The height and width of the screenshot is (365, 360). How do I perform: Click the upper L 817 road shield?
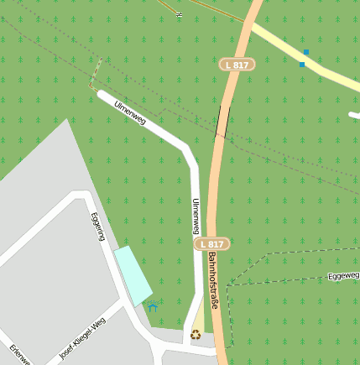click(x=237, y=65)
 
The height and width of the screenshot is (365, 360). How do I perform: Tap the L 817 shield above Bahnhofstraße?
click(x=211, y=243)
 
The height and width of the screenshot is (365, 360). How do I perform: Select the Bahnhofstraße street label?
click(x=213, y=280)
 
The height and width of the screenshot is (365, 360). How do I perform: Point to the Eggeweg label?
click(x=343, y=275)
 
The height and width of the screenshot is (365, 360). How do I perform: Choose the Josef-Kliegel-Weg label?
click(x=83, y=339)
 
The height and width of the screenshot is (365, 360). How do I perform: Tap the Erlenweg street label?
click(x=20, y=354)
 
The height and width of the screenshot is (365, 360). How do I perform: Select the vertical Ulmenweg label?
click(x=196, y=216)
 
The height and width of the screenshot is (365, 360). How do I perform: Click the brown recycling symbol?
click(x=196, y=334)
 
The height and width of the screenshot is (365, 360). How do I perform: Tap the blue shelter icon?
click(x=152, y=305)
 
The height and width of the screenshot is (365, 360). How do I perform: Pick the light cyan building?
click(x=133, y=275)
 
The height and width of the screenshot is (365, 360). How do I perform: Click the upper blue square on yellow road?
click(x=305, y=53)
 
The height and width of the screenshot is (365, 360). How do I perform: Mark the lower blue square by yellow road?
click(x=302, y=64)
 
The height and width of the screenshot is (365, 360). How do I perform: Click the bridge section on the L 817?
click(x=222, y=122)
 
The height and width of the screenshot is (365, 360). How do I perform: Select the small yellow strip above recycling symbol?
click(x=198, y=319)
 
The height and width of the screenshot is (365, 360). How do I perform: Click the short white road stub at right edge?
click(x=354, y=115)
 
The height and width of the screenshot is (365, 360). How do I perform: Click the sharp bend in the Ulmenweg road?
click(x=188, y=151)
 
